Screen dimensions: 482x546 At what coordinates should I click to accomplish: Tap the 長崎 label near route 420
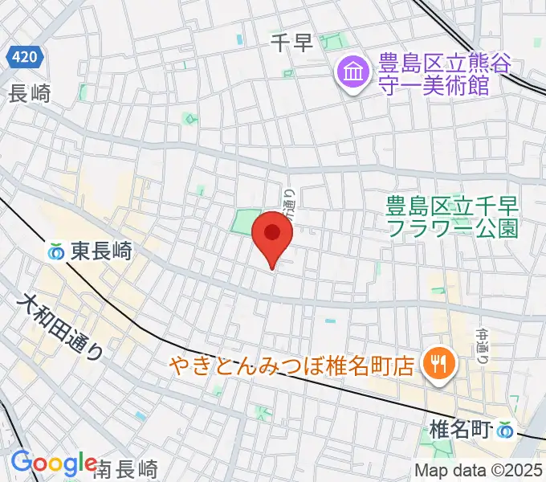tap(29, 93)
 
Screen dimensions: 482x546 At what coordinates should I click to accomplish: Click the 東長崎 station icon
tap(56, 251)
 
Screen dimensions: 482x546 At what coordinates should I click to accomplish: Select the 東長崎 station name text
tap(100, 251)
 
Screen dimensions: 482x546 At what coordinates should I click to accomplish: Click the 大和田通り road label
tap(62, 329)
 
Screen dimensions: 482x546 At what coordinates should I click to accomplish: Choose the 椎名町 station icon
tap(505, 431)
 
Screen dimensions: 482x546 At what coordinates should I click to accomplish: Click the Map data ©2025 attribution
tap(479, 470)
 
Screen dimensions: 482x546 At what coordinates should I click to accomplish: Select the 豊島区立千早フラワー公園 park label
tap(451, 217)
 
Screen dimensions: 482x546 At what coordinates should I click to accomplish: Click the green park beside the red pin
tap(247, 222)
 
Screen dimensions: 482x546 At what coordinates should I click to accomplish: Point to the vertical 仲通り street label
tap(483, 344)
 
